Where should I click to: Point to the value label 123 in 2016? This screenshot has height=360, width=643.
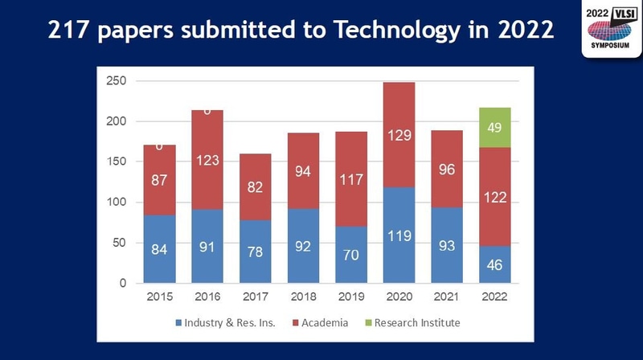[x=207, y=161]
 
